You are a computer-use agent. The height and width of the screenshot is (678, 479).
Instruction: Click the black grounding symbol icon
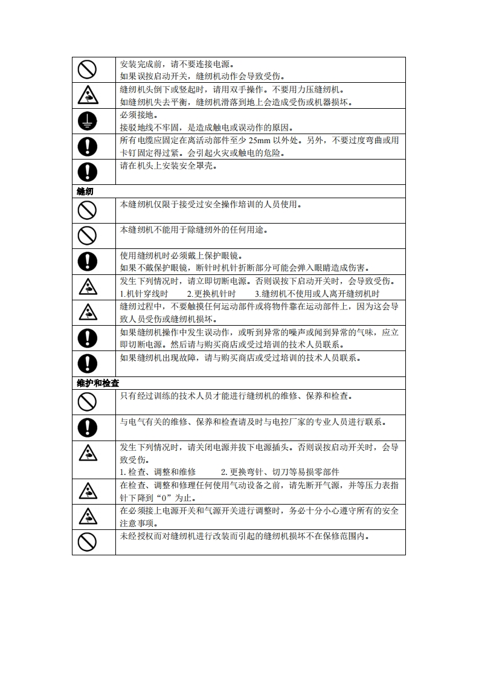click(88, 121)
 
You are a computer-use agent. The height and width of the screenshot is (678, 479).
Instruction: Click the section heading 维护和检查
click(98, 383)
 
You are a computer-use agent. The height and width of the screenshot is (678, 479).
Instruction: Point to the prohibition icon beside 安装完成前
click(88, 70)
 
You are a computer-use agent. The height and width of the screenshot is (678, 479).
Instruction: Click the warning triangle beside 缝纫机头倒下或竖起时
click(88, 95)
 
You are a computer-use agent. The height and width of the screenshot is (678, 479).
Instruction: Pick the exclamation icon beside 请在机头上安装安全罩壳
click(88, 172)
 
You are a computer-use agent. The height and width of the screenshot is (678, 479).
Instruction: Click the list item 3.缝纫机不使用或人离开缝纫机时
click(317, 294)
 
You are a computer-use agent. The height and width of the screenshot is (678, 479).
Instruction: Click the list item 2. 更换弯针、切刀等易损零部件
click(280, 472)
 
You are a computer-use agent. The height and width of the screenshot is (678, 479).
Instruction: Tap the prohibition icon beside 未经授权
click(88, 542)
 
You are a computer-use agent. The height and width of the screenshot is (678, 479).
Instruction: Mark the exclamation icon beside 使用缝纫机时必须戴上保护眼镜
click(88, 261)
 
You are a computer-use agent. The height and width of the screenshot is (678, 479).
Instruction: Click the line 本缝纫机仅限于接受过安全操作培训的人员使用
click(210, 204)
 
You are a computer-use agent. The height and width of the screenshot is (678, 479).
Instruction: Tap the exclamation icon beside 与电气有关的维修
click(88, 427)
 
